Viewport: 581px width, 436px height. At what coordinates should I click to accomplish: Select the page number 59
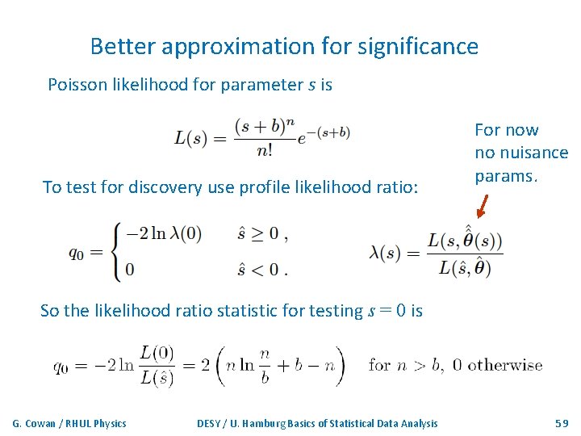[562, 423]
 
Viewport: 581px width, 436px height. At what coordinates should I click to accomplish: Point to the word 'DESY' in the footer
[211, 423]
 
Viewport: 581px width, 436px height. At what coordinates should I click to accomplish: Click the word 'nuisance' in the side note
[533, 153]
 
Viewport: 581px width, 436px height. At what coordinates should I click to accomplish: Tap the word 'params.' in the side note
[506, 175]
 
